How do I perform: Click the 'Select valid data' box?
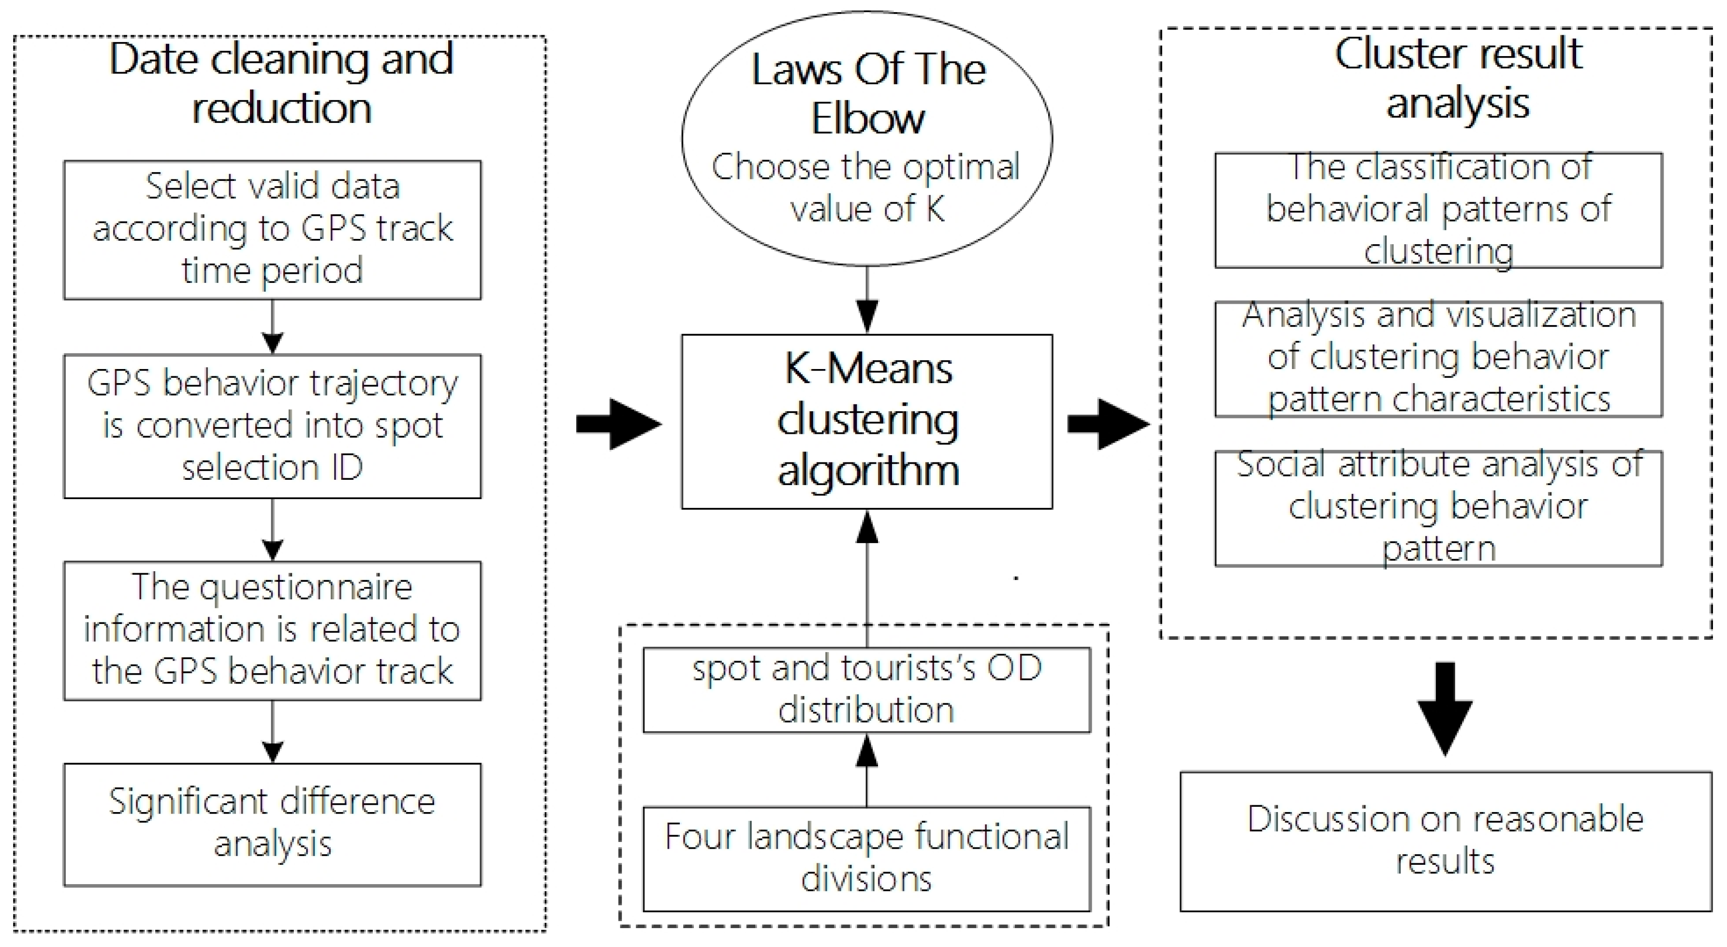(272, 229)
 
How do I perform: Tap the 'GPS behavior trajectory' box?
(272, 426)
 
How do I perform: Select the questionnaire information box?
(272, 630)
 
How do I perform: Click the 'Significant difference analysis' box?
(272, 824)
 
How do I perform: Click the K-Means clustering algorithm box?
(867, 421)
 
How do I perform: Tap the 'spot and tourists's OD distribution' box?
(867, 690)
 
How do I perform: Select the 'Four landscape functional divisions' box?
(867, 858)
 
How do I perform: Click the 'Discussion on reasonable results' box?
(1446, 841)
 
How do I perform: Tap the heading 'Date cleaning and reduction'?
(281, 83)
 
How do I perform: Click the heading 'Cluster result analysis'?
(1458, 78)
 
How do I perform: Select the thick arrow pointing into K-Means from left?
(619, 424)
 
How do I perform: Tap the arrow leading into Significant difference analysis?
(272, 732)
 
